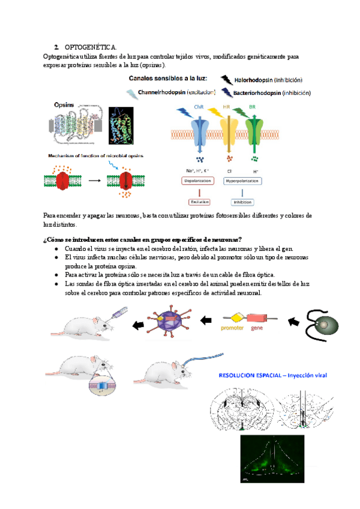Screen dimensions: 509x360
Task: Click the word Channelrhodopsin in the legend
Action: (x=161, y=93)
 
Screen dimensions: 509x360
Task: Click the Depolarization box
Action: (x=199, y=180)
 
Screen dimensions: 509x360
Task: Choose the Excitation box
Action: (x=199, y=201)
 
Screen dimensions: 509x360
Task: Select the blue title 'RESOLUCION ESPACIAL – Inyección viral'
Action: (x=269, y=376)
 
